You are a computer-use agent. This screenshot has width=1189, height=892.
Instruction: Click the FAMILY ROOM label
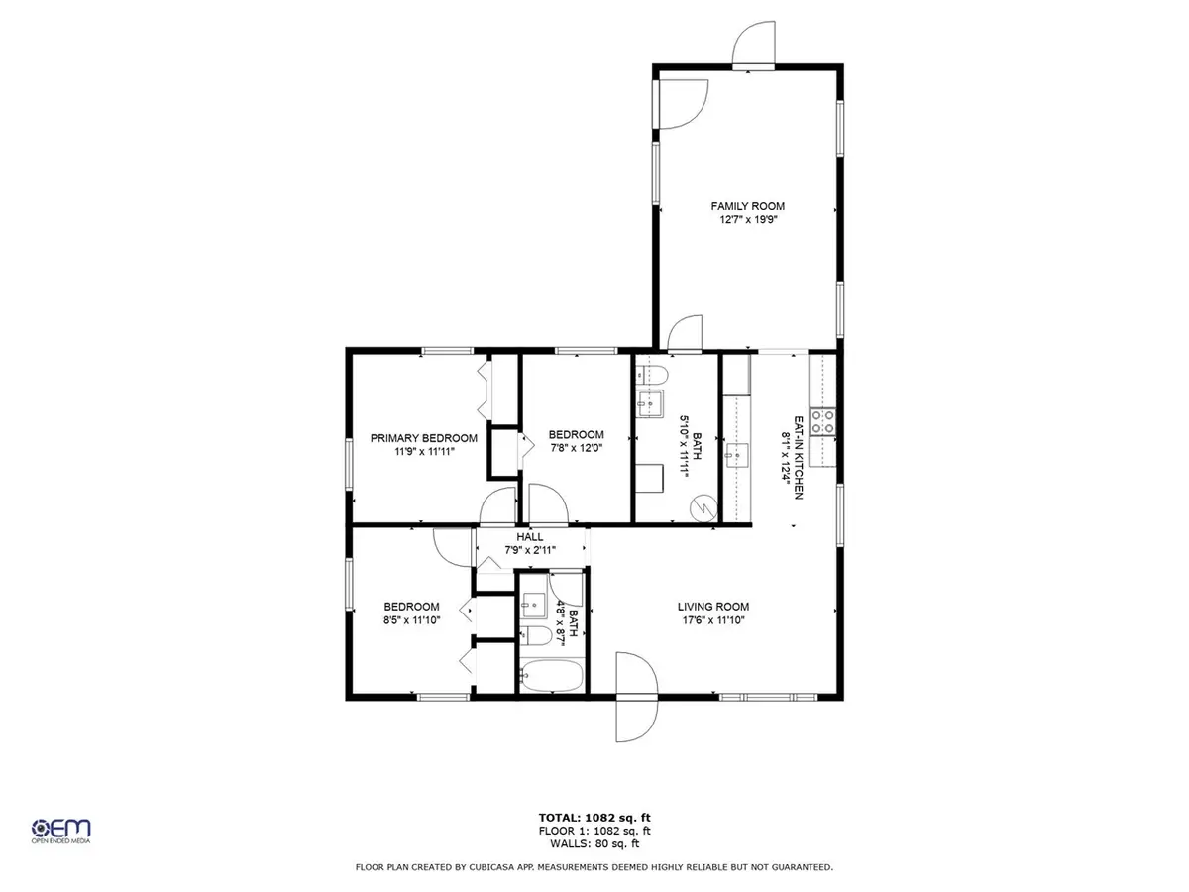click(747, 206)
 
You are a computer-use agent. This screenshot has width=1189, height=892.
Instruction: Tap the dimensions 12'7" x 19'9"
click(747, 220)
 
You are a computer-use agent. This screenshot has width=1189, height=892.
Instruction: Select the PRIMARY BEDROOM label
click(423, 437)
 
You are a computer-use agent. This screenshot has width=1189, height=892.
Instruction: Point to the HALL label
click(531, 536)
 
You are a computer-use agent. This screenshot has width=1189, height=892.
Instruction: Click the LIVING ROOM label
click(712, 607)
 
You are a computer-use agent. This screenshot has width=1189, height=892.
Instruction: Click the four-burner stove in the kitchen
click(823, 422)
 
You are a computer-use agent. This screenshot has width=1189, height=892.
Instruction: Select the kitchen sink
click(735, 457)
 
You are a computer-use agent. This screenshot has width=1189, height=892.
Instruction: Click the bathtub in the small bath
click(551, 677)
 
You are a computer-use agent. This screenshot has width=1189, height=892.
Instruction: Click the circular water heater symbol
click(703, 506)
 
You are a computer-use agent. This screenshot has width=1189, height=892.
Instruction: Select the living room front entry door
click(635, 696)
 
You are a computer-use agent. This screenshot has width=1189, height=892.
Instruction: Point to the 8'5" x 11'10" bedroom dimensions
click(411, 619)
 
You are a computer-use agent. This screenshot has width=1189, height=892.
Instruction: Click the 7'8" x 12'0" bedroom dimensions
click(576, 447)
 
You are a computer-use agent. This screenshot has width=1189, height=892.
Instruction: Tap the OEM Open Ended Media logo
click(61, 831)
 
